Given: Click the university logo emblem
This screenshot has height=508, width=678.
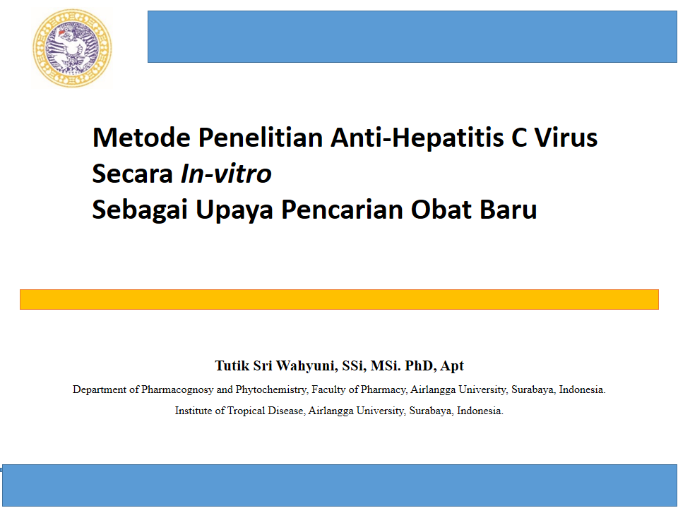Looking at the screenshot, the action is [72, 49].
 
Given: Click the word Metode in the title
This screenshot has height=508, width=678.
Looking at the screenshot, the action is [141, 138].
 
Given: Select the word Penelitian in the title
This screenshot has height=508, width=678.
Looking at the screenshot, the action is [261, 138].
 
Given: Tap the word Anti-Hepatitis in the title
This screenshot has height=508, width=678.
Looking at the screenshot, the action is [417, 138].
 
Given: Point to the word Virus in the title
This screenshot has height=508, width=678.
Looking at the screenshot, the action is [566, 138].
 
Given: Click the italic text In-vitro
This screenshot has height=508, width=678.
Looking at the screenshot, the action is [226, 174].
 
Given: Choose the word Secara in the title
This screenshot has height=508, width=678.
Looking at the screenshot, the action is [132, 174].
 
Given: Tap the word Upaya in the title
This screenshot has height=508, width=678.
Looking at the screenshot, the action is [234, 210].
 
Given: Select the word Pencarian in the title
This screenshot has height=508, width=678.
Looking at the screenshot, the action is [342, 210].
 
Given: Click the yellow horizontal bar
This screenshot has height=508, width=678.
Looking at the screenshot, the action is [339, 299].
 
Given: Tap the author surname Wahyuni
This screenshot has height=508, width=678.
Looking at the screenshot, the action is [307, 366].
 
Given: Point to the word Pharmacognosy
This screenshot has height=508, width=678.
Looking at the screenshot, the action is [177, 389].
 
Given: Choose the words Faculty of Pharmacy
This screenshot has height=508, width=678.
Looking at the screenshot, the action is [359, 389].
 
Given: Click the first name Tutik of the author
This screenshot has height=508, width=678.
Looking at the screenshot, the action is [232, 366].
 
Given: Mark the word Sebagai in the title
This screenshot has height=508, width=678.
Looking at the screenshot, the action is [140, 210].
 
